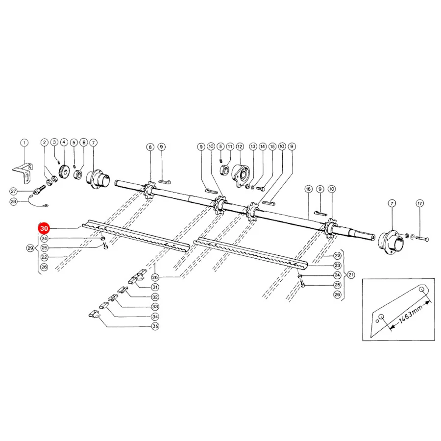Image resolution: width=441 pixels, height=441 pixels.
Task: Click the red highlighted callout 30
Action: click(x=44, y=228)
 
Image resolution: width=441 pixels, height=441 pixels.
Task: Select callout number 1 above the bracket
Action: click(x=24, y=143)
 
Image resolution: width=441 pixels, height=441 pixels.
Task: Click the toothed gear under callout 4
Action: click(x=64, y=171)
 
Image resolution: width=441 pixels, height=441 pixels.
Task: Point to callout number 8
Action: click(x=150, y=147)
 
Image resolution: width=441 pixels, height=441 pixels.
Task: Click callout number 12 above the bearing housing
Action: click(x=240, y=147)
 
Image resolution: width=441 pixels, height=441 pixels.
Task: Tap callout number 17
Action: click(x=419, y=203)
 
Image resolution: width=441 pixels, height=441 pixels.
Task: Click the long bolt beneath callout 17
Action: click(x=422, y=239)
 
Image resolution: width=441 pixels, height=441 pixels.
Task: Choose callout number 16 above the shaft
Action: click(x=308, y=189)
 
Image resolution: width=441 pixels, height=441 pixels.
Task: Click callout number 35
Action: click(x=155, y=326)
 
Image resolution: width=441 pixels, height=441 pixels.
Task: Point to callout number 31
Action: click(x=155, y=287)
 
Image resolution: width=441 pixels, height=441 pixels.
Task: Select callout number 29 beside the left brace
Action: click(x=30, y=248)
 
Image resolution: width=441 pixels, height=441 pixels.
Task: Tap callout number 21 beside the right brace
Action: click(x=351, y=275)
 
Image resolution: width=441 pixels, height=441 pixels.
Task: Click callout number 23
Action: click(x=337, y=265)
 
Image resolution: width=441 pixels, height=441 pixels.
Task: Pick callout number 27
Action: click(x=14, y=191)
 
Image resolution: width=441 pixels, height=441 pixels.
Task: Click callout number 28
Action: click(x=14, y=201)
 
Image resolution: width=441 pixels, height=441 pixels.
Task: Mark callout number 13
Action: click(x=253, y=147)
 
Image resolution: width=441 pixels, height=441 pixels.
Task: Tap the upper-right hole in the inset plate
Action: click(x=421, y=290)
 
